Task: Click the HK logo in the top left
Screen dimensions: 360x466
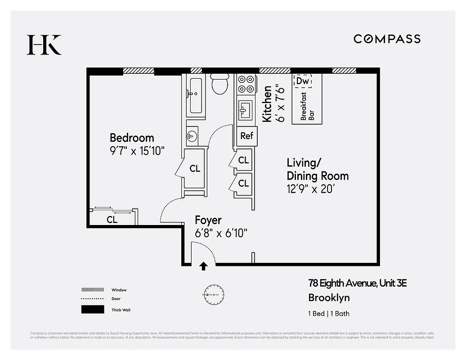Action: [44, 45]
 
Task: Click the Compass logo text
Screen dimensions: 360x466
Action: [387, 39]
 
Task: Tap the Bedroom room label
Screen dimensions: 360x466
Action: [132, 138]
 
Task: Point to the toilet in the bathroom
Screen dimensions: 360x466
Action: [220, 84]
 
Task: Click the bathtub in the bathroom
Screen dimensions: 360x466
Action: [196, 96]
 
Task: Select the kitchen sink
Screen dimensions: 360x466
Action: [245, 109]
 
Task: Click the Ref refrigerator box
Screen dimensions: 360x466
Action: [247, 136]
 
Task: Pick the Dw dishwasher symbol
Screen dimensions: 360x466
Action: [302, 81]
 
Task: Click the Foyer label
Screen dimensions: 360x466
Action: [208, 220]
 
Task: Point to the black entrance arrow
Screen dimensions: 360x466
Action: [203, 266]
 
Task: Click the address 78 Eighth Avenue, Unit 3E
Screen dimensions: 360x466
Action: [357, 283]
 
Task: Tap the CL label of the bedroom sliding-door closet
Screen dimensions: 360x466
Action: [112, 220]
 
